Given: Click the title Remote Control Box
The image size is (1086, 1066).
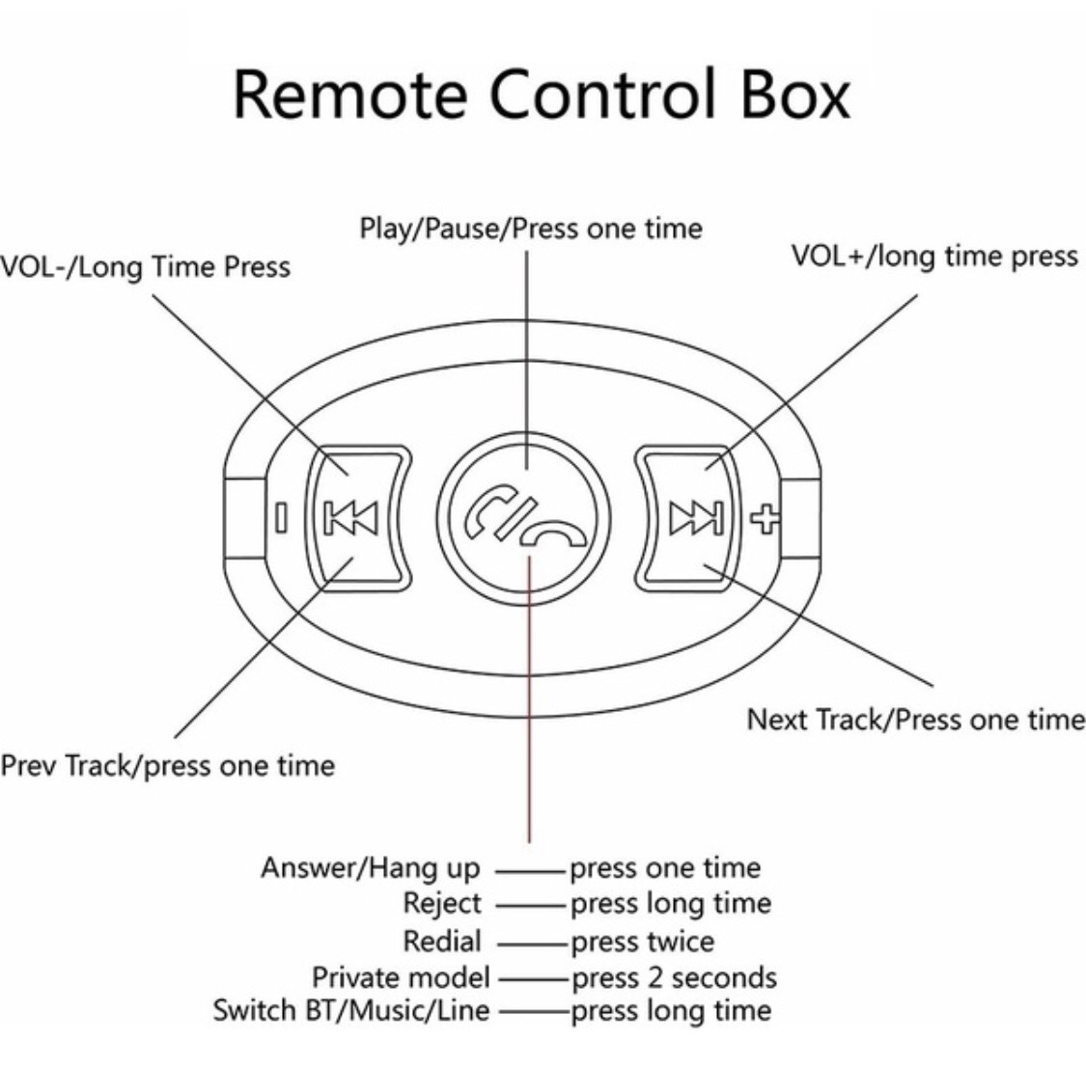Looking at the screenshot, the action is (542, 95).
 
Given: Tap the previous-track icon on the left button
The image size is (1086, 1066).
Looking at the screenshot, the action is (351, 518).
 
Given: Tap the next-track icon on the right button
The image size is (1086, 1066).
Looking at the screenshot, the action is (696, 518).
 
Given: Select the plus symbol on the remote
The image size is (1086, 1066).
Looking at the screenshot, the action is (766, 518).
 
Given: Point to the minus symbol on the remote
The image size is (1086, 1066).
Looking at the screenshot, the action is (281, 518).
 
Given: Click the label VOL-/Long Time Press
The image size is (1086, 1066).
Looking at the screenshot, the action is (145, 267).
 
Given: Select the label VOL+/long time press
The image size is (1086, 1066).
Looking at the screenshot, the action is (935, 256).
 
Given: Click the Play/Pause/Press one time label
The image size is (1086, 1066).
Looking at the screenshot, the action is (531, 229).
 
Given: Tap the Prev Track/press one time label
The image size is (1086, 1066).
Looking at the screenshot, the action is (167, 766).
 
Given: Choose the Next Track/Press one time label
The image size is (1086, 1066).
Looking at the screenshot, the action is (916, 720).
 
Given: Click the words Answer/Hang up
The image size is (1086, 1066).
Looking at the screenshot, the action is (371, 868).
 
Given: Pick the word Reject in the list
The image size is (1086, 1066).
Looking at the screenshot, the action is (442, 903).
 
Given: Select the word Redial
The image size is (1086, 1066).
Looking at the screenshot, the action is (442, 942).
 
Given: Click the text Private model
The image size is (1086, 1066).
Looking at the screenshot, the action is (401, 978).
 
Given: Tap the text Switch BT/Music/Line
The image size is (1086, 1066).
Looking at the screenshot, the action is (351, 1011).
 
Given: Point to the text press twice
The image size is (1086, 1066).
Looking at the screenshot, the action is (642, 943).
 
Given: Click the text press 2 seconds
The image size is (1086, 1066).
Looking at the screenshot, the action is (674, 978).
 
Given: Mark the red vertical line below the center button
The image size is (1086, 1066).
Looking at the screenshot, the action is (529, 699).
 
